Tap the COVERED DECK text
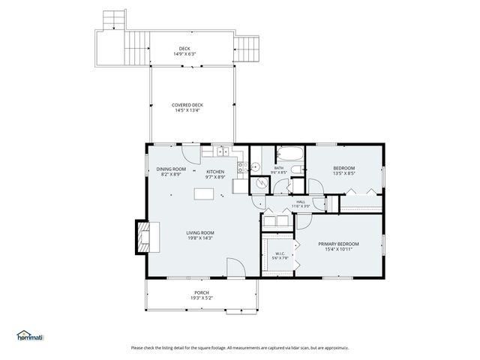click(187, 105)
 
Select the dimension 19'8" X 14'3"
click(200, 238)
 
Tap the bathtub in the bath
click(289, 155)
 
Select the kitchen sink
click(223, 153)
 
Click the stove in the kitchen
click(240, 169)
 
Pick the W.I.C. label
click(279, 253)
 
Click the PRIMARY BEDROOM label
click(338, 244)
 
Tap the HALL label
click(301, 202)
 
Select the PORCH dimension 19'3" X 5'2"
click(202, 298)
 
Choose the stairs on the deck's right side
click(247, 49)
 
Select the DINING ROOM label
click(171, 169)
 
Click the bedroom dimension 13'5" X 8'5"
click(343, 174)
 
